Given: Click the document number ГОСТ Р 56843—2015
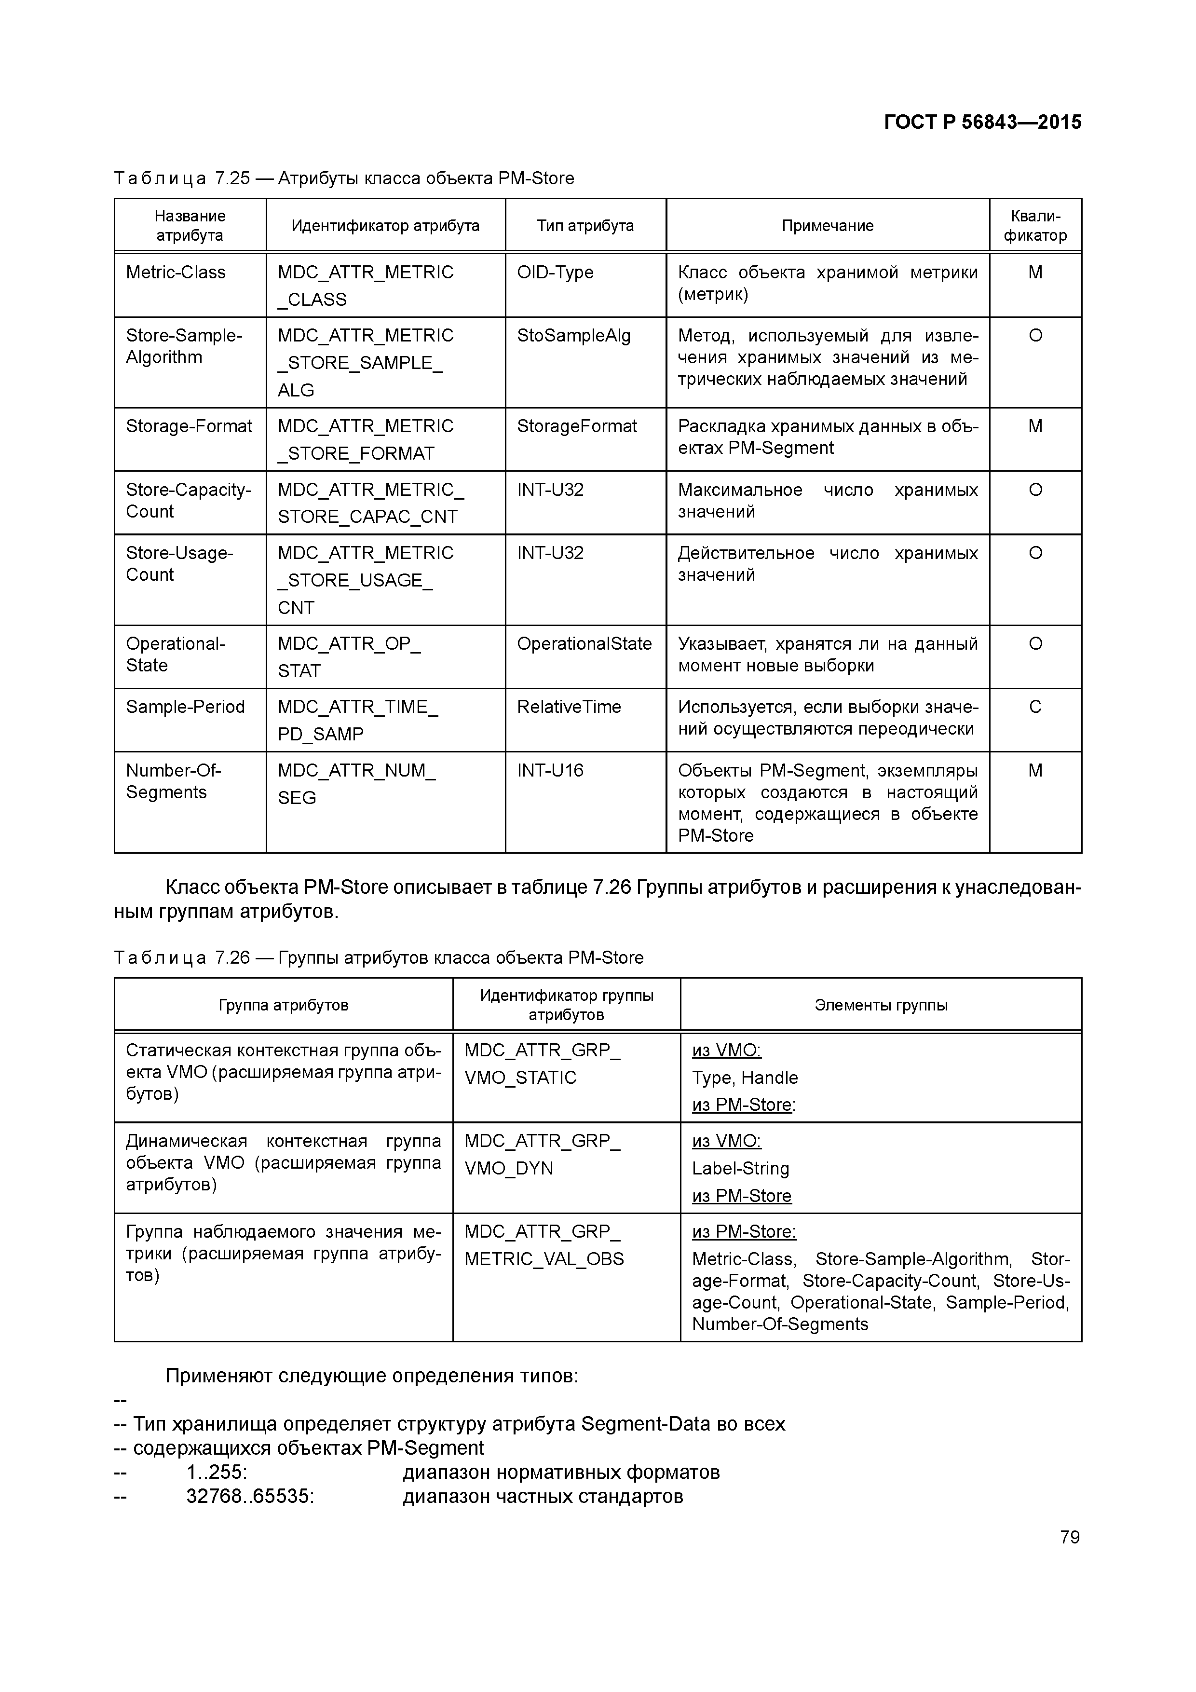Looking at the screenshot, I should click(982, 123).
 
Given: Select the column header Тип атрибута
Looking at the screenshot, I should click(585, 226).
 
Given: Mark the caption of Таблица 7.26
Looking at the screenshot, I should click(379, 957).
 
